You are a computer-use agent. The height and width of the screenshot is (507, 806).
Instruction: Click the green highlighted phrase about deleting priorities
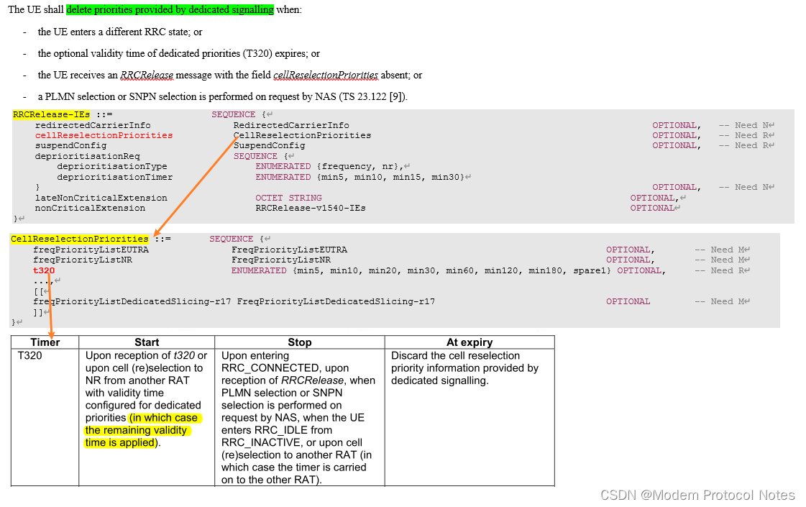pos(170,10)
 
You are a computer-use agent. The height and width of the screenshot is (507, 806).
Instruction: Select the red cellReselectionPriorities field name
pos(104,135)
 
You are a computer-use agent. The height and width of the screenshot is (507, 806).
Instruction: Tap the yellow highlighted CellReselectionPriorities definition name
pos(79,239)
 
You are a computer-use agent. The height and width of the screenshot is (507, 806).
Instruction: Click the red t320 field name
pos(44,270)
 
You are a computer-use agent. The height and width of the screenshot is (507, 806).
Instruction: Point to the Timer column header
pos(45,342)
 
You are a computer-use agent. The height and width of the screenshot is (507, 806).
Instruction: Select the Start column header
pos(147,342)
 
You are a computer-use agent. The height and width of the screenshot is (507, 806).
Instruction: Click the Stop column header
pos(299,342)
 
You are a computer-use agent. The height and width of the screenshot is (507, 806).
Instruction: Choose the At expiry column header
pos(470,342)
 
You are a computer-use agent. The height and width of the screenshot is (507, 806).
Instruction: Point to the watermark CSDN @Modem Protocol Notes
pos(697,495)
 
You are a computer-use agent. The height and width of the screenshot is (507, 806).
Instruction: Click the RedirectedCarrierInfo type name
pos(291,125)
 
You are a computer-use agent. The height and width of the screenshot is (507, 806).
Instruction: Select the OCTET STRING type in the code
pos(288,198)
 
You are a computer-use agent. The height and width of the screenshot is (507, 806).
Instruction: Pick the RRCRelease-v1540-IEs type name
pos(311,208)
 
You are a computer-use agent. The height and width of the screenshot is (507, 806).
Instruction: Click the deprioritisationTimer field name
pos(115,177)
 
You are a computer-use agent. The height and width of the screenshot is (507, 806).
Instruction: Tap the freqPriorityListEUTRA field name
pos(91,250)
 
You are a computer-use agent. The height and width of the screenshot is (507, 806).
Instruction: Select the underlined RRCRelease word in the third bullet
pos(147,75)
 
